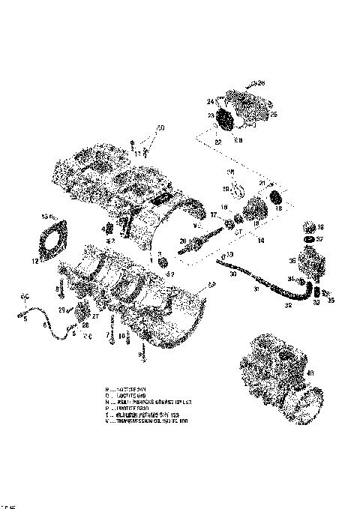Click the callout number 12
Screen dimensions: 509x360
[x=34, y=261]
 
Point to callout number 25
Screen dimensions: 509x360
[x=274, y=114]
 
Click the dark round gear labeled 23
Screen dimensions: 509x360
[x=224, y=118]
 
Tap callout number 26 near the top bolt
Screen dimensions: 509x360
[x=260, y=83]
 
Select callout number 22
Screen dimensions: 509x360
[x=219, y=141]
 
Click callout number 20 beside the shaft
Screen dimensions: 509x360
[x=182, y=240]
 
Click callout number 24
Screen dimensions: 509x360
[x=211, y=101]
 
